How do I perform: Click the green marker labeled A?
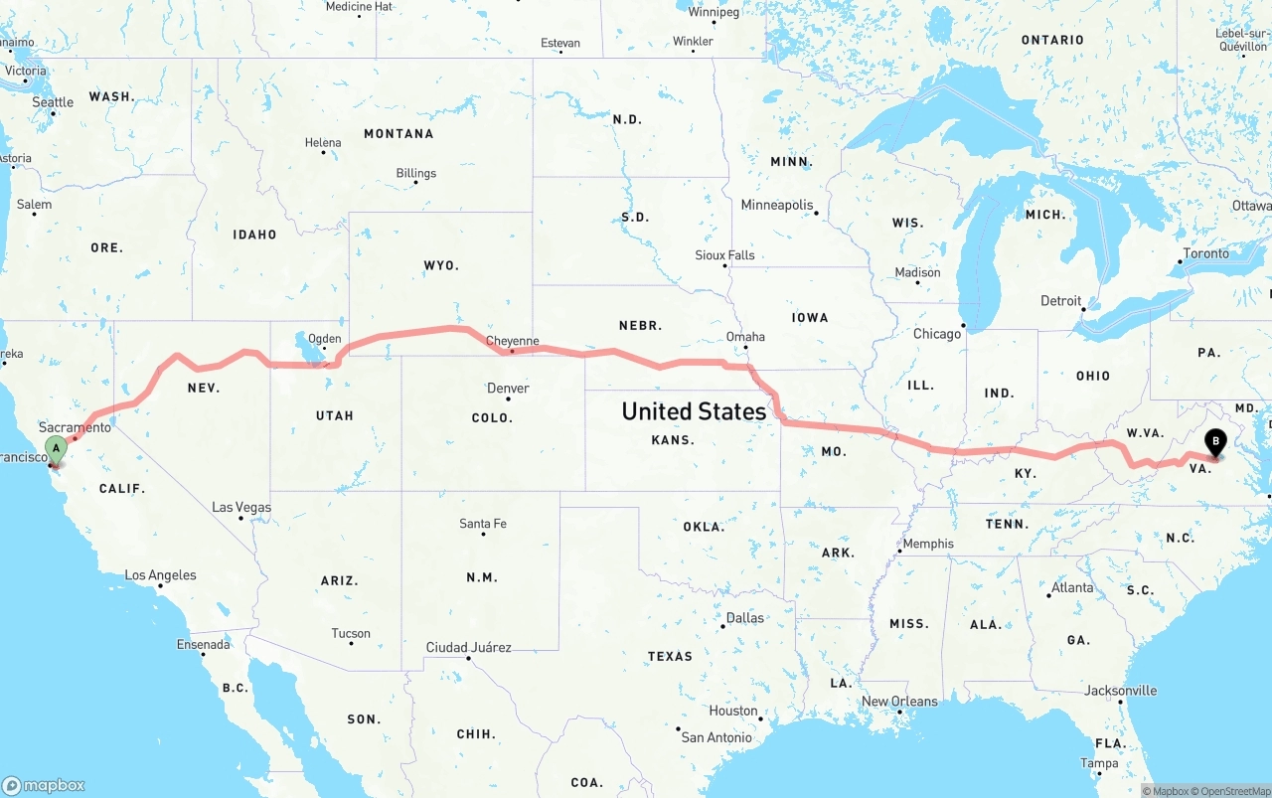pyautogui.click(x=57, y=448)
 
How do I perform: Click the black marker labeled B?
pyautogui.click(x=1215, y=442)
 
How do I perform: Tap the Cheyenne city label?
pyautogui.click(x=512, y=341)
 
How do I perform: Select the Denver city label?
pyautogui.click(x=508, y=388)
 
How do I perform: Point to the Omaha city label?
pyautogui.click(x=745, y=336)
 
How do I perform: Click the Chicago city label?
pyautogui.click(x=937, y=334)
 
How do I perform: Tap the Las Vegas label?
pyautogui.click(x=241, y=507)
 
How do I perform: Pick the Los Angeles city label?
pyautogui.click(x=160, y=574)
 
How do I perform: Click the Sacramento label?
pyautogui.click(x=76, y=426)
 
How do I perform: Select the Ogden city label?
pyautogui.click(x=324, y=339)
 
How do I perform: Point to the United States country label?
pyautogui.click(x=694, y=410)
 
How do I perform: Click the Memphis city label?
pyautogui.click(x=927, y=544)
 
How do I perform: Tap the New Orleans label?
pyautogui.click(x=899, y=701)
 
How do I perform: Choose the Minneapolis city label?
pyautogui.click(x=777, y=205)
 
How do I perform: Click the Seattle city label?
pyautogui.click(x=53, y=101)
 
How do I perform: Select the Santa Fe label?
pyautogui.click(x=483, y=524)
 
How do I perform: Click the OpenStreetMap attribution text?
pyautogui.click(x=1231, y=791)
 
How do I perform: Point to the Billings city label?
pyautogui.click(x=415, y=173)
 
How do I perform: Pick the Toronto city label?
pyautogui.click(x=1205, y=253)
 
